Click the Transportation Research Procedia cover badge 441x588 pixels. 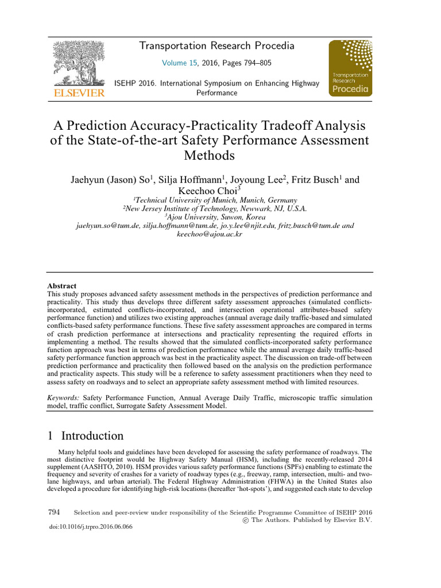click(350, 67)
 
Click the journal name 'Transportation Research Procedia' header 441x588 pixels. click(217, 46)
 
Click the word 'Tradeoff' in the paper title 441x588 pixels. click(287, 125)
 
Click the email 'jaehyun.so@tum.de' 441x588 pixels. click(108, 226)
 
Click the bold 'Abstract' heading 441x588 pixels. click(61, 286)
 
